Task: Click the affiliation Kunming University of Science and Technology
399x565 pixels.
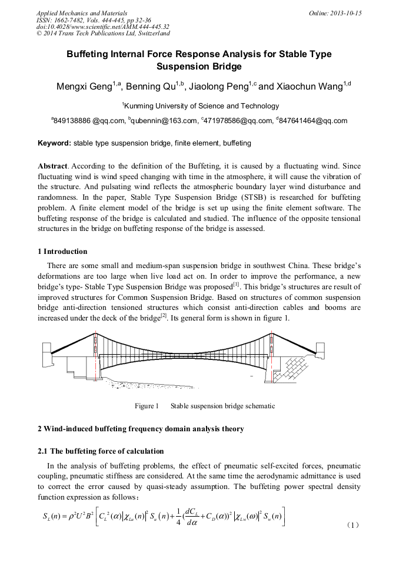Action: tap(200, 106)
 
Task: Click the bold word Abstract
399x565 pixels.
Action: tap(51, 166)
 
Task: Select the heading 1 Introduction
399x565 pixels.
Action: tap(62, 252)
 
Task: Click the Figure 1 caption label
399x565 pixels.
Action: tap(147, 406)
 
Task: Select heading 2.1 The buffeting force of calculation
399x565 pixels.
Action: tap(101, 451)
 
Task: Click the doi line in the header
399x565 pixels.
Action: tap(103, 27)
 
